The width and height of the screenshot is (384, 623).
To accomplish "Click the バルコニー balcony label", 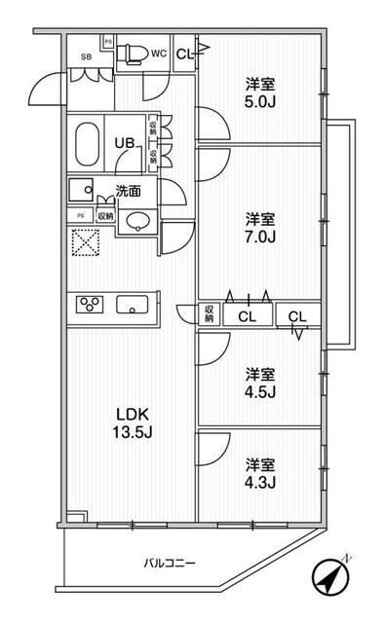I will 173,563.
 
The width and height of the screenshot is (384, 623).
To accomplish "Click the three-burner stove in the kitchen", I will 92,305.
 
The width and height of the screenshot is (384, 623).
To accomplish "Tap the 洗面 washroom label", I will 128,190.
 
